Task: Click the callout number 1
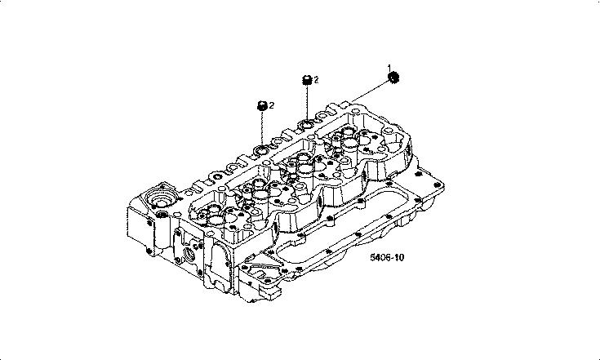pyautogui.click(x=389, y=68)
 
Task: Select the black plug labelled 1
pyautogui.click(x=393, y=78)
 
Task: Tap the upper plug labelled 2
pyautogui.click(x=307, y=80)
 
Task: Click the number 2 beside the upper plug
pyautogui.click(x=316, y=79)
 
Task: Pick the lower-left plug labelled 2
pyautogui.click(x=262, y=106)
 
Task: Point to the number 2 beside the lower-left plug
pyautogui.click(x=271, y=105)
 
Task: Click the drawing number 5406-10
pyautogui.click(x=387, y=257)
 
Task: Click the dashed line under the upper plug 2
pyautogui.click(x=307, y=103)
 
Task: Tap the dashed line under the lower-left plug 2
pyautogui.click(x=262, y=128)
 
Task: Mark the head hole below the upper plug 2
pyautogui.click(x=307, y=125)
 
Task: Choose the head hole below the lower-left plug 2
pyautogui.click(x=262, y=150)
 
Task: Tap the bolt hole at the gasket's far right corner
pyautogui.click(x=438, y=186)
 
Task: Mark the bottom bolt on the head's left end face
pyautogui.click(x=149, y=251)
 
